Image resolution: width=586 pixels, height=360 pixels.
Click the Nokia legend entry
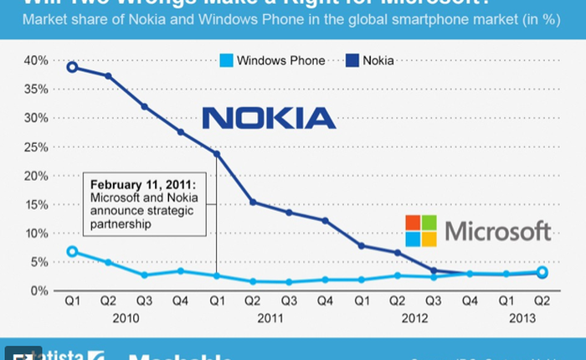(x=368, y=60)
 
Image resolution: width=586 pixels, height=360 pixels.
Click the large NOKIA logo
(x=269, y=117)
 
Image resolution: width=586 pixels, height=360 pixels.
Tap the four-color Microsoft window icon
(x=421, y=231)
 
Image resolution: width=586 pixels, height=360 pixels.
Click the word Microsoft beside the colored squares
(x=497, y=231)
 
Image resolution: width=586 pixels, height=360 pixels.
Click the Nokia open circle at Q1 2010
(x=73, y=67)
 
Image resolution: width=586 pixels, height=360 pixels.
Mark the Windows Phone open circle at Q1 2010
(x=73, y=252)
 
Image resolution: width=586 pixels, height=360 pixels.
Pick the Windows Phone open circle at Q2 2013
(x=542, y=272)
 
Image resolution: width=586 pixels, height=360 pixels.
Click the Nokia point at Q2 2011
(x=254, y=202)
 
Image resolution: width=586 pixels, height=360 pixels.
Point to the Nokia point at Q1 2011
(x=218, y=153)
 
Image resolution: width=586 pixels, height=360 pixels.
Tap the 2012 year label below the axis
(x=415, y=318)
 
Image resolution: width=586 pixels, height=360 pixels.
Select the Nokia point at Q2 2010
(x=109, y=76)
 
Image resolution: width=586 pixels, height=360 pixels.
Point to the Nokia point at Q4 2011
(x=326, y=220)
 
